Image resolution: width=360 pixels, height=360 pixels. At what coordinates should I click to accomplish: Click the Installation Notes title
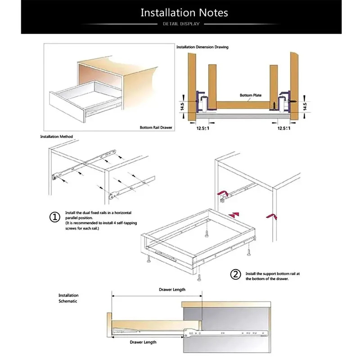click(184, 12)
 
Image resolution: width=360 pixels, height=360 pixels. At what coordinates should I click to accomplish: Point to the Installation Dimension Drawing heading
click(202, 47)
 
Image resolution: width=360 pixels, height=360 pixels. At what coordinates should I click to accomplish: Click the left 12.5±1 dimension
click(202, 128)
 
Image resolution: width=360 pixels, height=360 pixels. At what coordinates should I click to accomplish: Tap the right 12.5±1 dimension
click(284, 128)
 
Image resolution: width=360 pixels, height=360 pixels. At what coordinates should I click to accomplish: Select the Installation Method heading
click(56, 136)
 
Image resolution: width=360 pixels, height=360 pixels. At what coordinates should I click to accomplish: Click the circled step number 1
click(54, 217)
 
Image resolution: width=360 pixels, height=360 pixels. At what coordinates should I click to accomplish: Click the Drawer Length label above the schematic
click(171, 290)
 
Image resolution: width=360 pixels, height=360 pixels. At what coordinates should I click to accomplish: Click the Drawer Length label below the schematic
click(143, 342)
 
